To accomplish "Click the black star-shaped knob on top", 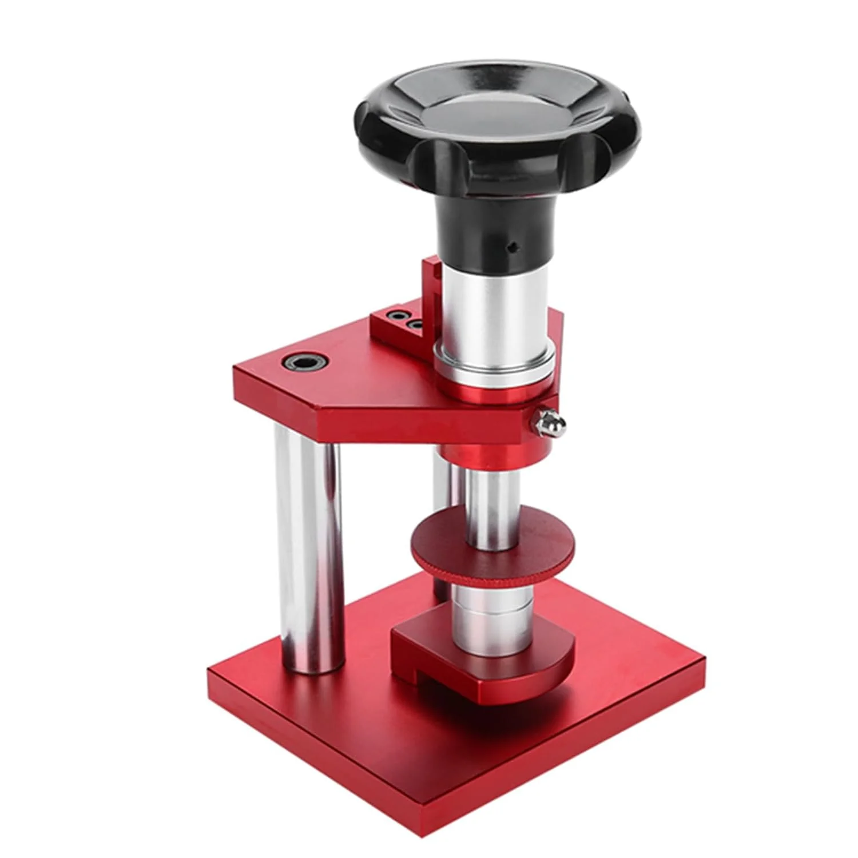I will [400, 143].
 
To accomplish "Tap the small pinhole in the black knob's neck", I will [513, 247].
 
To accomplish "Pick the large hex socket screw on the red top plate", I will [303, 362].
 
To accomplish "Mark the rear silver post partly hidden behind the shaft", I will [442, 515].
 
